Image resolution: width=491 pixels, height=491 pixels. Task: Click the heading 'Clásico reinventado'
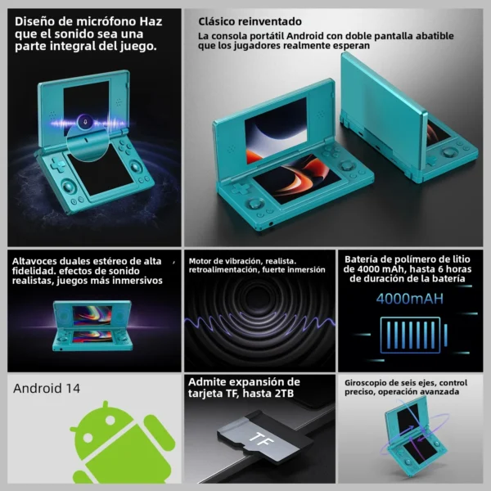pos(250,21)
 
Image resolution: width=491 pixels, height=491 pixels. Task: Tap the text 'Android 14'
pos(47,388)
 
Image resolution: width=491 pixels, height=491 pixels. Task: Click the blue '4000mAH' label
pos(410,299)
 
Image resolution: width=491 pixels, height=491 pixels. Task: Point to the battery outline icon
pos(413,335)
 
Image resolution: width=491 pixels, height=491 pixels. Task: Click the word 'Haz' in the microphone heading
pos(151,21)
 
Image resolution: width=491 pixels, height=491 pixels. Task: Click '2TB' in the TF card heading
pos(284,394)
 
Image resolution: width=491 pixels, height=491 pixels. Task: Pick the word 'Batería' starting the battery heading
pos(360,259)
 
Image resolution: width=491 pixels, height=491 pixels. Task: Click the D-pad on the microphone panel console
pos(57,164)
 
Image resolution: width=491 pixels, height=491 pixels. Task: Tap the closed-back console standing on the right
pos(407,117)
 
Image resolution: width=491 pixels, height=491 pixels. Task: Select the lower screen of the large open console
pos(296,178)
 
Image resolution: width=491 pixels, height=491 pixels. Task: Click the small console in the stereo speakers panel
pos(92,326)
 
